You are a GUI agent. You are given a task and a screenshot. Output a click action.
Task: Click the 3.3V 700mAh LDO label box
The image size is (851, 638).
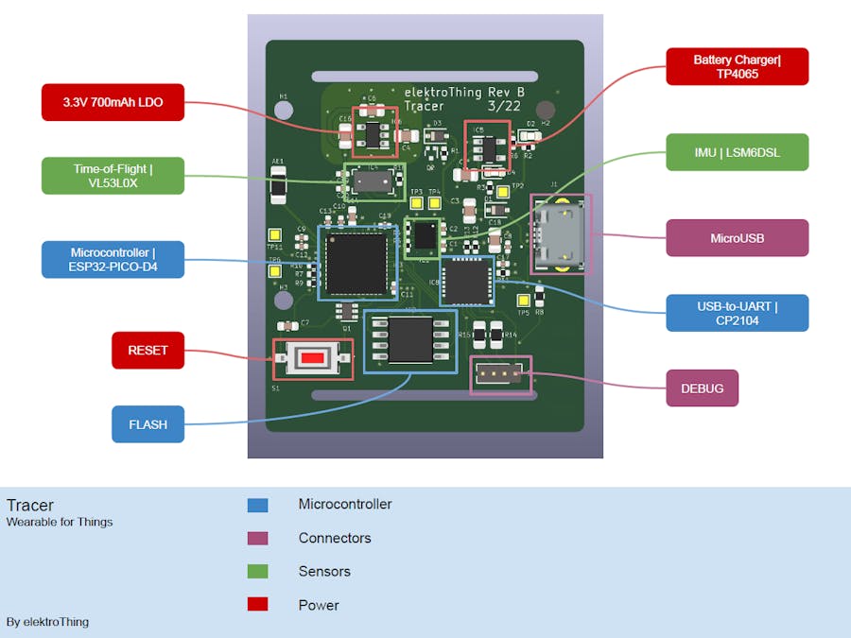[x=113, y=102]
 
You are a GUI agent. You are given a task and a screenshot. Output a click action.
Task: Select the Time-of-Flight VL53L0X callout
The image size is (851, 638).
[x=113, y=176]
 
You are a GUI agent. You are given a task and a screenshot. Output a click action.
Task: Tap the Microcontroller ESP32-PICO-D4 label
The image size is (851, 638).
[x=113, y=260]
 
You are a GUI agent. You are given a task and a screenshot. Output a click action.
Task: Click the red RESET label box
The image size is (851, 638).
[x=148, y=351]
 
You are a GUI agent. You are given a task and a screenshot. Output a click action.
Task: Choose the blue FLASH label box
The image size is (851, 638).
[x=148, y=424]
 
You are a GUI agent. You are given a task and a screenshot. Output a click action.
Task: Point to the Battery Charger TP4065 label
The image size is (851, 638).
[x=737, y=66]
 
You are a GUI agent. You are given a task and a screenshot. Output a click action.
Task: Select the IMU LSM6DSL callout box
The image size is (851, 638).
[x=737, y=152]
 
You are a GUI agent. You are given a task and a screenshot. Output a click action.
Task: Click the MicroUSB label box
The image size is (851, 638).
[x=737, y=238]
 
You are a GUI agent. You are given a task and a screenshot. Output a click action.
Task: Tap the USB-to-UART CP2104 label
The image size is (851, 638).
[x=737, y=313]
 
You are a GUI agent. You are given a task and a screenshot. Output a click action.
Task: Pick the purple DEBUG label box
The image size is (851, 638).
[x=702, y=388]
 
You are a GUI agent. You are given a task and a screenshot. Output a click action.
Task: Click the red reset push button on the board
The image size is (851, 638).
[x=313, y=359]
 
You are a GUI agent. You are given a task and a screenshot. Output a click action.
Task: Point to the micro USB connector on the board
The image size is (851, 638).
[x=562, y=234]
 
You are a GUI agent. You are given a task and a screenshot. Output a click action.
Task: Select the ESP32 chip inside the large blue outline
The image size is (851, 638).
[x=356, y=262]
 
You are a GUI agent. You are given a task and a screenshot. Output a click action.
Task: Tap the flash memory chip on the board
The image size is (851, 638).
[x=410, y=339]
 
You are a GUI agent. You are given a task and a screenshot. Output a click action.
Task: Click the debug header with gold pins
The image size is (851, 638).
[x=500, y=374]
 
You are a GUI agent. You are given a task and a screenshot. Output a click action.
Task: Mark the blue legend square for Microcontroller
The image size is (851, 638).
[x=257, y=506]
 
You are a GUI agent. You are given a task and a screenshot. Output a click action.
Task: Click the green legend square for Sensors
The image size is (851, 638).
[x=257, y=572]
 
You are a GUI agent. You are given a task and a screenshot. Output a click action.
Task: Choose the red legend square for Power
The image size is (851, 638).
[x=257, y=605]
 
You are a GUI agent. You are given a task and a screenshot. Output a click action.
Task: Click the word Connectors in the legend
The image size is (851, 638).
[x=335, y=538]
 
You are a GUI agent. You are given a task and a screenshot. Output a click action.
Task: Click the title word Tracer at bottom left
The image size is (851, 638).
[x=30, y=505]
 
